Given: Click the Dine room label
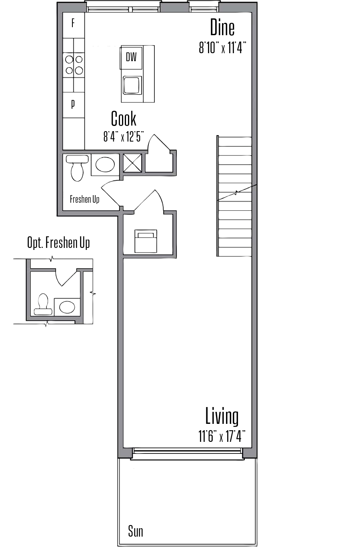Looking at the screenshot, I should pyautogui.click(x=222, y=28).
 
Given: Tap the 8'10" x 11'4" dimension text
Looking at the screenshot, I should pyautogui.click(x=222, y=48).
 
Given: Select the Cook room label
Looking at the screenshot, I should pyautogui.click(x=124, y=119).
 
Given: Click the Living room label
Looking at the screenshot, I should pyautogui.click(x=222, y=416).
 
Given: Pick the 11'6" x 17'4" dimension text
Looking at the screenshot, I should pyautogui.click(x=222, y=436).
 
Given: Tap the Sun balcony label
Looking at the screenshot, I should pyautogui.click(x=136, y=531).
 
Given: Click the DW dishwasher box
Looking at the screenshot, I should pyautogui.click(x=131, y=58).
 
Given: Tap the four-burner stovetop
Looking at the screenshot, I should pyautogui.click(x=74, y=65).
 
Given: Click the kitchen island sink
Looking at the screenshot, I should pyautogui.click(x=132, y=85).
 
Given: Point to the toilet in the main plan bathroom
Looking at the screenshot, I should pyautogui.click(x=77, y=167).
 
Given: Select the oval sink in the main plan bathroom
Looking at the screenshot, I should pyautogui.click(x=105, y=165).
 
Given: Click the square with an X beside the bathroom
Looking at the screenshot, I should pyautogui.click(x=132, y=163).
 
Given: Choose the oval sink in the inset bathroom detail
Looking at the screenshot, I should pyautogui.click(x=67, y=307).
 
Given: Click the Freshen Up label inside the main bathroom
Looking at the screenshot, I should pyautogui.click(x=84, y=199).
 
